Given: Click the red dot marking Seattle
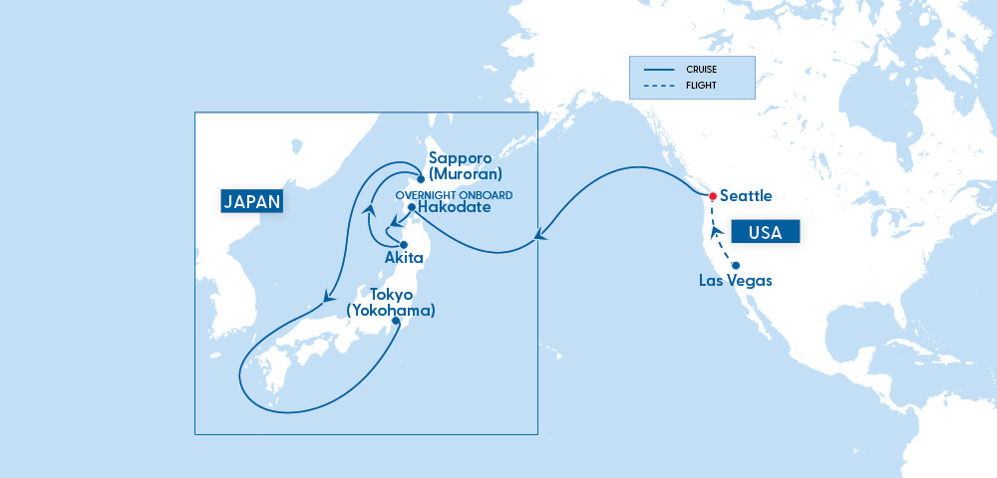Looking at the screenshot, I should [712, 196].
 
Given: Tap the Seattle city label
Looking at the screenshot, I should [746, 196].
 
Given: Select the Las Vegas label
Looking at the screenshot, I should [736, 281].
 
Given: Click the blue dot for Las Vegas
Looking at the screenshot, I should [736, 265].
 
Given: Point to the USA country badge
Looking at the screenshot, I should [766, 233].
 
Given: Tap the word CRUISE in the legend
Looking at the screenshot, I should [702, 70].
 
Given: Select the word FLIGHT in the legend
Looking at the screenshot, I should [701, 87].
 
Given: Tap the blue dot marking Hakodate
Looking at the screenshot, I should [411, 207].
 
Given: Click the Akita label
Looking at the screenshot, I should [404, 258].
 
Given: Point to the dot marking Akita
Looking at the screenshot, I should [404, 244].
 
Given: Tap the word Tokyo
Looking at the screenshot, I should [391, 296].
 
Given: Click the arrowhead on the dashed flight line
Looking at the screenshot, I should [715, 230].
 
